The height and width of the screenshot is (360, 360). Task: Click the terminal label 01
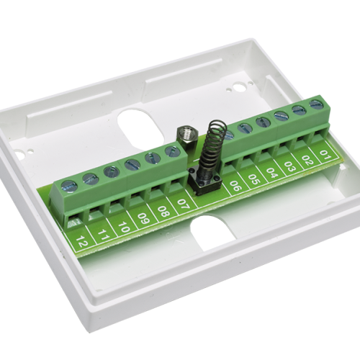click(325, 156)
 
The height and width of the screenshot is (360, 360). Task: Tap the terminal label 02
click(308, 161)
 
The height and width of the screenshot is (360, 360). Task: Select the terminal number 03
click(290, 167)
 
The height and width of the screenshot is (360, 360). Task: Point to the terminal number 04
click(272, 173)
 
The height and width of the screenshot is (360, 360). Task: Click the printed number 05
click(254, 179)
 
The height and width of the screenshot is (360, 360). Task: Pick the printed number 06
click(235, 186)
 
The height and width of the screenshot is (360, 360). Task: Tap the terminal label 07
click(183, 204)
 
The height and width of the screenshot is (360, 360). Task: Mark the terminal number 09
click(143, 219)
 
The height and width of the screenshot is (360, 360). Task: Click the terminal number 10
click(123, 227)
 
